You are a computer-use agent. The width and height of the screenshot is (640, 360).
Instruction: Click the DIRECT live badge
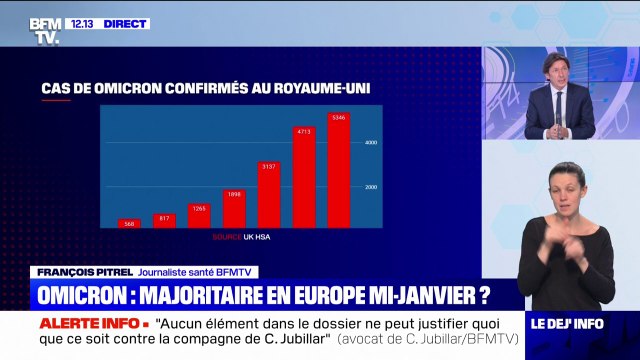(124, 23)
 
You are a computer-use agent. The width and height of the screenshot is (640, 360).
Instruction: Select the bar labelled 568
(129, 224)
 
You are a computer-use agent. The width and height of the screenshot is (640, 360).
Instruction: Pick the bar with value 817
(163, 220)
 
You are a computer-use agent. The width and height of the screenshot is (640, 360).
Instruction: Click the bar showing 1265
(198, 215)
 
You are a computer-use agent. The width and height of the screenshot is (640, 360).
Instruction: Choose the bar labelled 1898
(233, 208)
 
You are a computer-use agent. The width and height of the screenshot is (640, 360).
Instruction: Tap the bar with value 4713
(303, 177)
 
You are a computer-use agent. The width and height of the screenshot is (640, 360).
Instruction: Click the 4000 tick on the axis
(369, 143)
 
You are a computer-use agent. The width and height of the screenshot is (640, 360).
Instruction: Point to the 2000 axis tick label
(369, 187)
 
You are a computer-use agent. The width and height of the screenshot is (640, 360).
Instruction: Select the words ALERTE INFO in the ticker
(94, 325)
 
